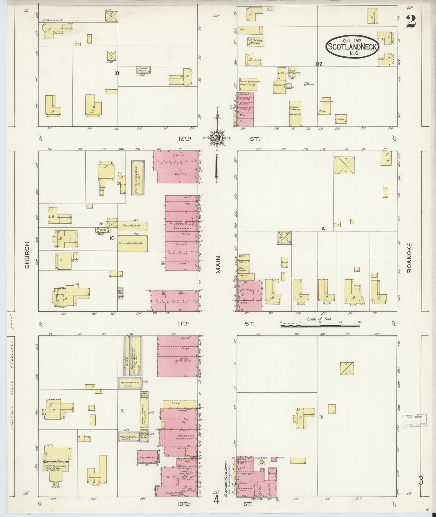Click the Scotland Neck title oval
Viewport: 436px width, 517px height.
[x=352, y=47]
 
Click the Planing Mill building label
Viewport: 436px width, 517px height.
[x=280, y=85]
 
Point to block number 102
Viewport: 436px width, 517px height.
[x=318, y=64]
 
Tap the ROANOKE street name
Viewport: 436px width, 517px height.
[x=409, y=258]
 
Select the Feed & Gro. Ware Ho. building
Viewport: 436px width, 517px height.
[x=133, y=243]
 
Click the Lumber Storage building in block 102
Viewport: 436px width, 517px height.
[x=296, y=113]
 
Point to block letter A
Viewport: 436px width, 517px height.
[x=323, y=229]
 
